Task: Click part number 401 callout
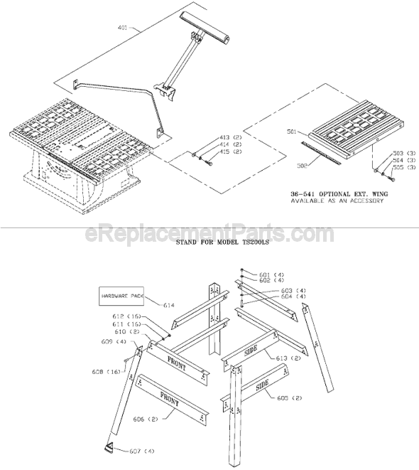[x=121, y=28]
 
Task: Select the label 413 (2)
[x=229, y=136]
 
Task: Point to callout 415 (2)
[x=229, y=151]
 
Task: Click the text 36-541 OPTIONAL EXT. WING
[x=336, y=193]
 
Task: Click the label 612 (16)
[x=135, y=316]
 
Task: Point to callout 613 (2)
[x=288, y=358]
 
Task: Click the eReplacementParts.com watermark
[x=209, y=234]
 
